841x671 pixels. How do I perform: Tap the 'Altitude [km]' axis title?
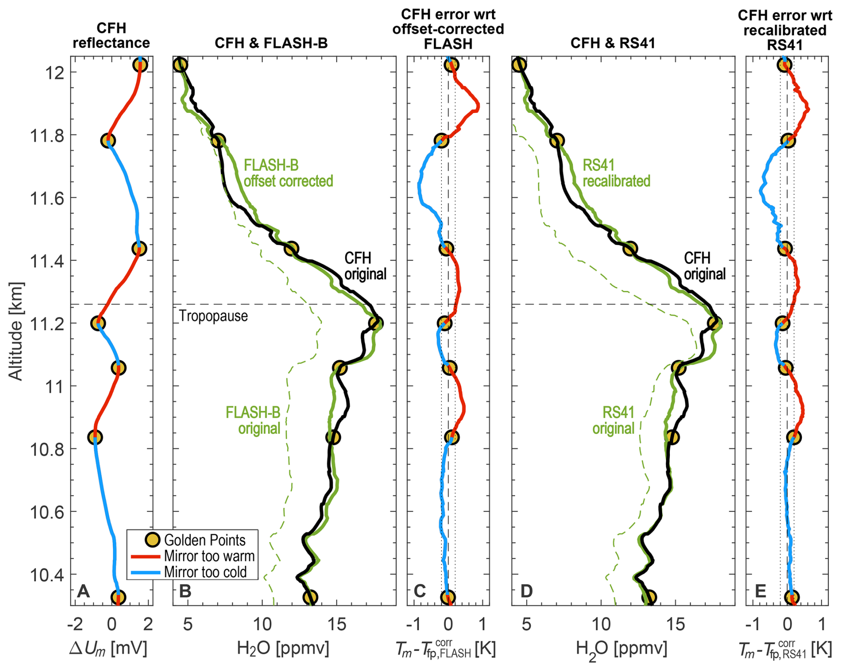16,331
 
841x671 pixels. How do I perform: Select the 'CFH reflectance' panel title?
112,36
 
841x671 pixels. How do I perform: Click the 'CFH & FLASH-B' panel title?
271,43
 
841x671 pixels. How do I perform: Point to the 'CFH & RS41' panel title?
613,43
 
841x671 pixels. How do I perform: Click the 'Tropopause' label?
213,316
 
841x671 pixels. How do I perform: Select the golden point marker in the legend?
152,540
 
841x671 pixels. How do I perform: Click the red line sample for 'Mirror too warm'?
145,556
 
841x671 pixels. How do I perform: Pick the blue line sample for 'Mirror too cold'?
145,572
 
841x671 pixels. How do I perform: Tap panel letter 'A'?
83,591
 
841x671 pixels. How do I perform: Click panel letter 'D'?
526,591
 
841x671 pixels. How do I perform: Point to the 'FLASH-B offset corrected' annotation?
288,173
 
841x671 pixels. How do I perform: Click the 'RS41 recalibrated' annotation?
617,173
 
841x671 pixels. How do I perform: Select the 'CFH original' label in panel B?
365,266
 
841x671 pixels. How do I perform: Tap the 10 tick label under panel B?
262,624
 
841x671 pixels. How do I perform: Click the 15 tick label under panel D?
675,624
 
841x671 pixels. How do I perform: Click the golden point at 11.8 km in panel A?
108,141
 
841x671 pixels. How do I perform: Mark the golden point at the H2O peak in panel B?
376,323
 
